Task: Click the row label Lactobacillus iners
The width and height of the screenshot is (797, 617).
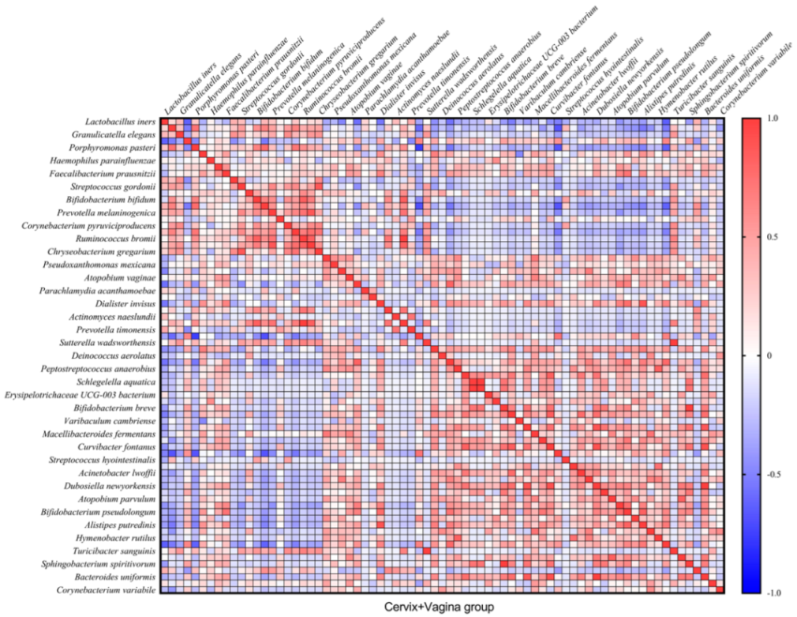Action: pos(120,122)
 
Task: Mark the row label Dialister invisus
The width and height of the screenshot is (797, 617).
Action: pos(125,303)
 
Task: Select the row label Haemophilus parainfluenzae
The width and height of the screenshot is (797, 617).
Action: pos(104,160)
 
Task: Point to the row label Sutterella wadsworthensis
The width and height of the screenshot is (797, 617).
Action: pos(107,343)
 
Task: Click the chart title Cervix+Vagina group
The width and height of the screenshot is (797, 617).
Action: pos(439,607)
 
